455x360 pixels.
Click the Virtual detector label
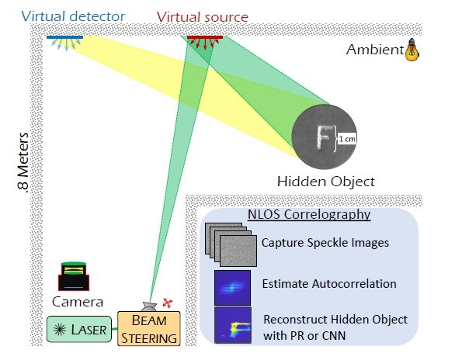(73, 16)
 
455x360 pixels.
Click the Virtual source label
(203, 17)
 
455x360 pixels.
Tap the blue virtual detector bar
(64, 37)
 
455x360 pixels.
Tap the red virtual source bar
(205, 37)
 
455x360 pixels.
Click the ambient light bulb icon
(412, 50)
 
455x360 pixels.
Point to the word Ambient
(375, 50)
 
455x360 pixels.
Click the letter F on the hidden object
(323, 137)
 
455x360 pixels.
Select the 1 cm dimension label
(347, 139)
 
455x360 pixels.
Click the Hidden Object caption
(326, 182)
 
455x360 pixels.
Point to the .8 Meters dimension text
(23, 162)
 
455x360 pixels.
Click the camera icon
(74, 276)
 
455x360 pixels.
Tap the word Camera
(78, 302)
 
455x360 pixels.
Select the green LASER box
(79, 329)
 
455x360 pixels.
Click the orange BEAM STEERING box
(149, 329)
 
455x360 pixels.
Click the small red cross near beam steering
(168, 303)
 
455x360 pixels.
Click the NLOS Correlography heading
(309, 214)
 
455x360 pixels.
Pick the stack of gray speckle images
(231, 244)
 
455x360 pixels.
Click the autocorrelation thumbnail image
(232, 288)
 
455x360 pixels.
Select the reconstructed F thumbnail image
(233, 325)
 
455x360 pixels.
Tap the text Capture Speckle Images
(325, 243)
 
